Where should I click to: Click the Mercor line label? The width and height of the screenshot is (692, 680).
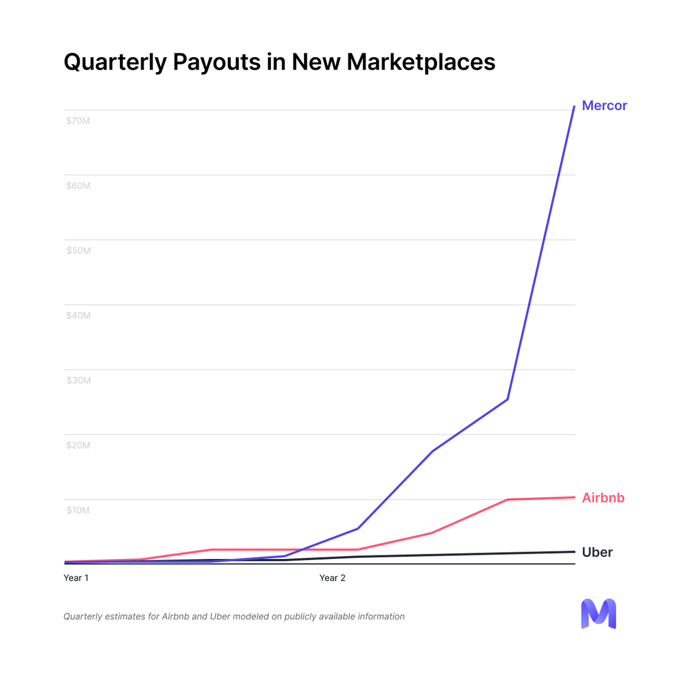tap(604, 105)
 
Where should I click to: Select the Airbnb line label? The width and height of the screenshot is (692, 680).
tap(603, 497)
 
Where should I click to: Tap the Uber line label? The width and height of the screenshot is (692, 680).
tap(597, 552)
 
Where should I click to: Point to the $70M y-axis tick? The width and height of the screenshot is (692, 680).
tap(78, 121)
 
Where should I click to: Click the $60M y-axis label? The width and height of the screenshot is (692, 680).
tap(78, 186)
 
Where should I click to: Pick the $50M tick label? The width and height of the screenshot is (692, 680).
tap(78, 251)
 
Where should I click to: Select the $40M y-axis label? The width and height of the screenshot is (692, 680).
tap(78, 315)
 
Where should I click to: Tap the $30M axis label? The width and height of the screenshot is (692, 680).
tap(78, 380)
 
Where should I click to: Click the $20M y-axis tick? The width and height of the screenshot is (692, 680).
tap(78, 445)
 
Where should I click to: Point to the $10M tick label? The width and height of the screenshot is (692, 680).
tap(78, 510)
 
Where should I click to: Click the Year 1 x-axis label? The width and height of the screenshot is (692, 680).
tap(76, 577)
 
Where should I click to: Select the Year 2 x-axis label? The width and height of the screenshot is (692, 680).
tap(332, 577)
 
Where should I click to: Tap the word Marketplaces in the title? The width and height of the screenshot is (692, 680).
tap(420, 62)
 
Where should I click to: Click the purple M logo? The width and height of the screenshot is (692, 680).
tap(598, 614)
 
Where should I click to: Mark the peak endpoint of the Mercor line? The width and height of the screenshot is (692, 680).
tap(574, 107)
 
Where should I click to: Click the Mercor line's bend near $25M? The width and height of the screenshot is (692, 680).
tap(507, 399)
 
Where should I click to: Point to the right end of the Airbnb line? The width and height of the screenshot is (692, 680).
tap(574, 497)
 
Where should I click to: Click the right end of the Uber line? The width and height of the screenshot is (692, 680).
tap(574, 551)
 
